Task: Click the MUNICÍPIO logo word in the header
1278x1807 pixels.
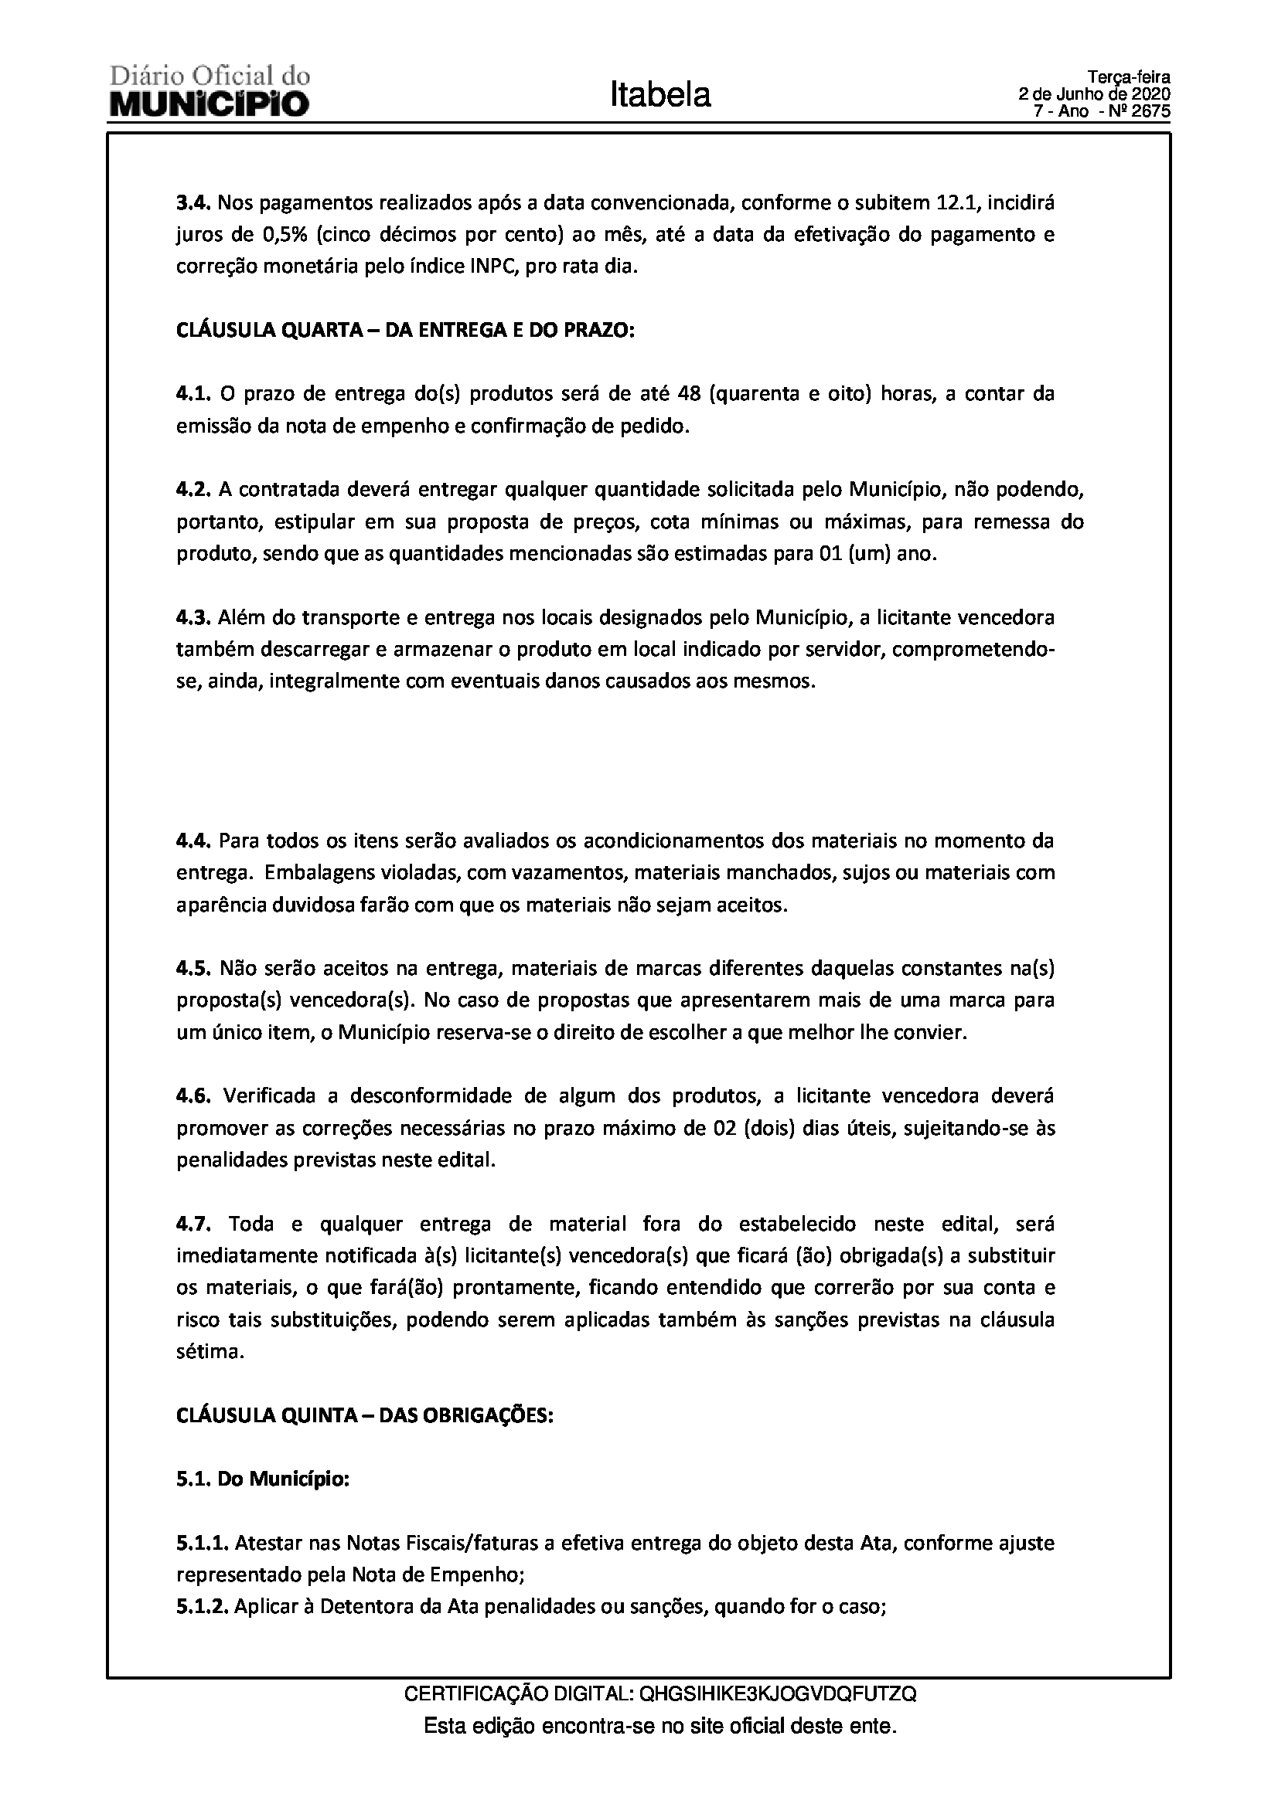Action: (210, 104)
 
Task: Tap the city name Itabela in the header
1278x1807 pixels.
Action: (659, 94)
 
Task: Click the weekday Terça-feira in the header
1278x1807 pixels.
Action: (1130, 78)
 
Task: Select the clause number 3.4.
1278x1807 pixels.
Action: (193, 203)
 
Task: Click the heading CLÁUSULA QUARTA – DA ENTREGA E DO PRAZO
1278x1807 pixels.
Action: (406, 330)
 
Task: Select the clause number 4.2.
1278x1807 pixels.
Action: (193, 490)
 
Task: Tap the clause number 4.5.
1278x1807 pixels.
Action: (193, 968)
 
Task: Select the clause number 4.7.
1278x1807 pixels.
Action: (193, 1224)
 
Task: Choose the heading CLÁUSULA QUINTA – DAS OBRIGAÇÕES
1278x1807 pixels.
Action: (366, 1415)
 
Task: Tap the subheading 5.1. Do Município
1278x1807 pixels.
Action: (263, 1479)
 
